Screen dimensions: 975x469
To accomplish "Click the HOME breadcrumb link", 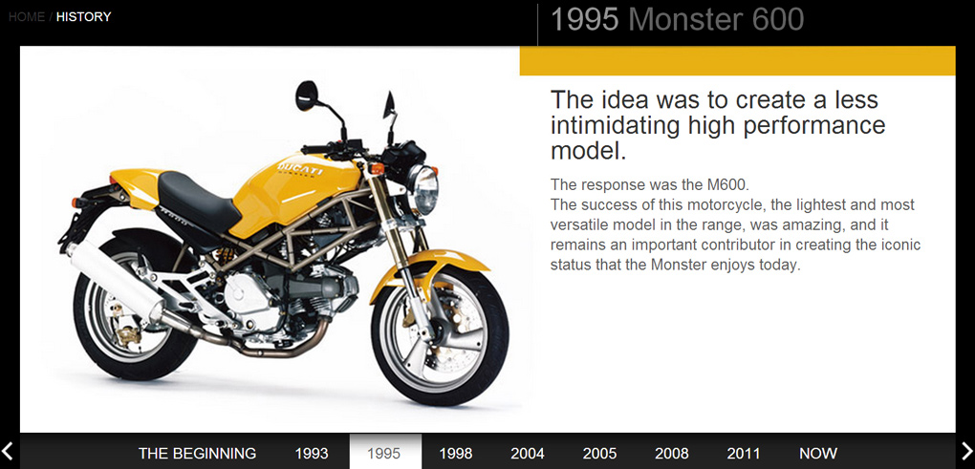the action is [27, 17].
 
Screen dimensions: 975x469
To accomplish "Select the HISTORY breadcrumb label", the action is [83, 17].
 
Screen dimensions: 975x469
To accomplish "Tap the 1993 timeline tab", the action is [312, 454].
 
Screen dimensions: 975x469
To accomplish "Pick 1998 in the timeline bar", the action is [456, 454].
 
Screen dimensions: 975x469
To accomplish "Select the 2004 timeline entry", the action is [528, 454].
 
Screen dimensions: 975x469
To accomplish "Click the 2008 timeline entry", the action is [672, 454].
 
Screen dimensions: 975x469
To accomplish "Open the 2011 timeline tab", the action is [743, 454].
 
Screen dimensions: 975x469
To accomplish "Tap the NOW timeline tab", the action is [818, 454].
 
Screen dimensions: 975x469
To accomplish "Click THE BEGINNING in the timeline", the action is [197, 454].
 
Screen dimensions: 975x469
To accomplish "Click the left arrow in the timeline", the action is [8, 450].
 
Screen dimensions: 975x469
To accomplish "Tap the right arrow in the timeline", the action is [966, 450].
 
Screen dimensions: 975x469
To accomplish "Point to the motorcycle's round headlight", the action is [424, 188].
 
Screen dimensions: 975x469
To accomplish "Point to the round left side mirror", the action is [307, 96].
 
